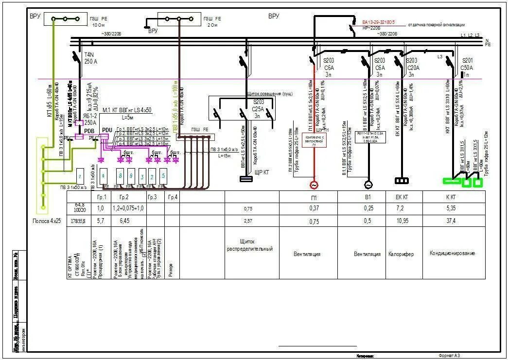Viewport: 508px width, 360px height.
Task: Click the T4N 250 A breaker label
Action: click(91, 58)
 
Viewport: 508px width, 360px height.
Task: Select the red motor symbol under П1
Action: click(314, 185)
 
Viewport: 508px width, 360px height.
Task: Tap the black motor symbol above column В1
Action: click(368, 185)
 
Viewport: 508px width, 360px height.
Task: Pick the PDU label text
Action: click(107, 130)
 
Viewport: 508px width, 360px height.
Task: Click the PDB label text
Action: click(89, 131)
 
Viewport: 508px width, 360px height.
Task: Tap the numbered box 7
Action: click(80, 175)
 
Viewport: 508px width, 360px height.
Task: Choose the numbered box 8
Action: click(120, 175)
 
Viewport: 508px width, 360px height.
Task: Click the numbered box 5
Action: click(163, 175)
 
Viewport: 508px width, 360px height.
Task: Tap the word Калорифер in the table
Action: click(400, 254)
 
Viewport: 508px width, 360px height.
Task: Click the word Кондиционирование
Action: click(452, 254)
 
